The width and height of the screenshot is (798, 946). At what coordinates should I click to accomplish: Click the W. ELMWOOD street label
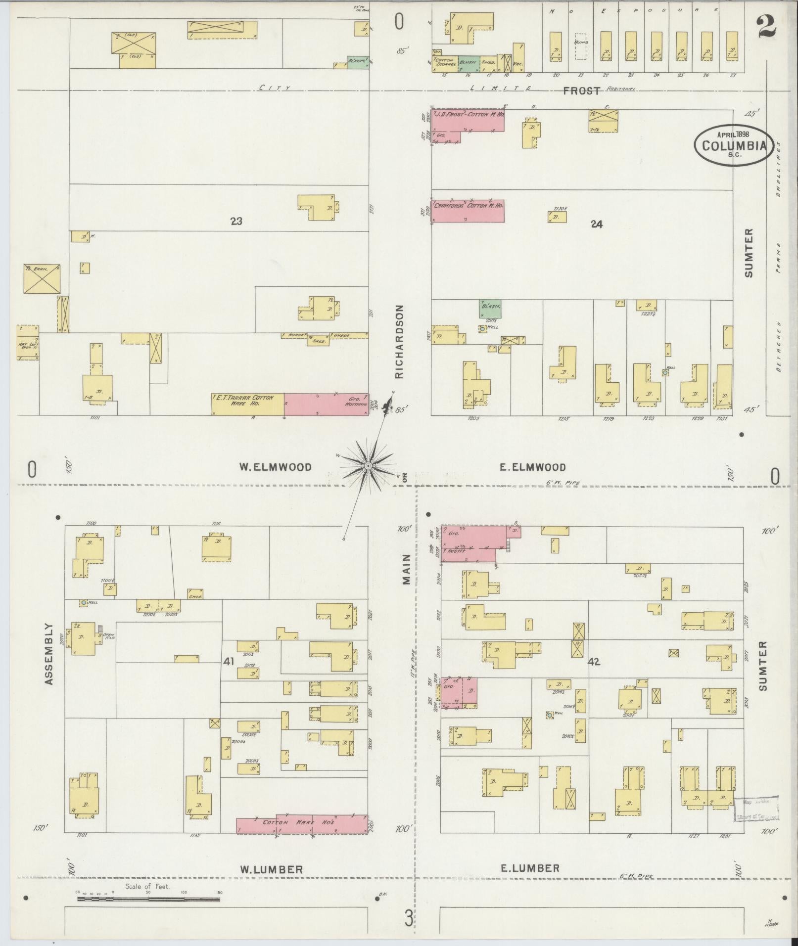(276, 467)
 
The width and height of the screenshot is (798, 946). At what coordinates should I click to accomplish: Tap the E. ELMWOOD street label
(532, 467)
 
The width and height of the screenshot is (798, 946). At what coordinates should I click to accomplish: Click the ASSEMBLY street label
(49, 653)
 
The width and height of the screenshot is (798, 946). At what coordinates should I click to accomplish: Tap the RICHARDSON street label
(400, 342)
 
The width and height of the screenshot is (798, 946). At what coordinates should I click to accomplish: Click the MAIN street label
(407, 569)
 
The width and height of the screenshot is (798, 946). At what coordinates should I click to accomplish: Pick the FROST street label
(582, 91)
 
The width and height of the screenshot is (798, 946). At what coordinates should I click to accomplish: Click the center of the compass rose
(368, 466)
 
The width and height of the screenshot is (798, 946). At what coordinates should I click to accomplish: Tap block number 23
(236, 222)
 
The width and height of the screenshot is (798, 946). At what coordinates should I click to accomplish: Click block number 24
(597, 224)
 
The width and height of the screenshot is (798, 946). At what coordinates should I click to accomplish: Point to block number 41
(228, 661)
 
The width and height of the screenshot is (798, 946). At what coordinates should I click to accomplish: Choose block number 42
(594, 662)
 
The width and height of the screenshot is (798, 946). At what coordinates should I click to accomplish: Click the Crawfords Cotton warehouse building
(468, 211)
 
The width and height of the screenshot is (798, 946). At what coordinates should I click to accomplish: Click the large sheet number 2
(765, 25)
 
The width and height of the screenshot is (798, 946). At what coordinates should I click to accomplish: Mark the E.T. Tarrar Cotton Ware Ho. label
(248, 401)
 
